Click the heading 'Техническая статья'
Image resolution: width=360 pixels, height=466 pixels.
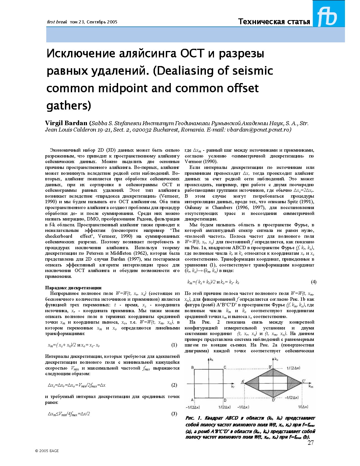click(274, 22)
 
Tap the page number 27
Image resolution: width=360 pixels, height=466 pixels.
click(310, 443)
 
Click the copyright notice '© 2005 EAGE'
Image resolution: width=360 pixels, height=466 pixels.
click(47, 451)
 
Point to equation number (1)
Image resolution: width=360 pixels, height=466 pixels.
click(174, 345)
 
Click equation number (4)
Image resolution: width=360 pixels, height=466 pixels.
click(313, 282)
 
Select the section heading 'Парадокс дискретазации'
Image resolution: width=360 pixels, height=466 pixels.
click(73, 288)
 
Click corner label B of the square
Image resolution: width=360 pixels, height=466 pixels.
click(193, 368)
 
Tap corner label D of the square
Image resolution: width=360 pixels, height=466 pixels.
click(225, 401)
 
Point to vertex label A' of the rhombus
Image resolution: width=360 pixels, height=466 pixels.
click(243, 381)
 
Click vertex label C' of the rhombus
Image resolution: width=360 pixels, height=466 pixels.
click(303, 381)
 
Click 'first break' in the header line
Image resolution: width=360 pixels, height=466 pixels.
click(57, 22)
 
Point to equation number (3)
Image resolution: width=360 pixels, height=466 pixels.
click(174, 414)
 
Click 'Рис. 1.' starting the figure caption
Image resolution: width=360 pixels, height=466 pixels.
click(193, 418)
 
